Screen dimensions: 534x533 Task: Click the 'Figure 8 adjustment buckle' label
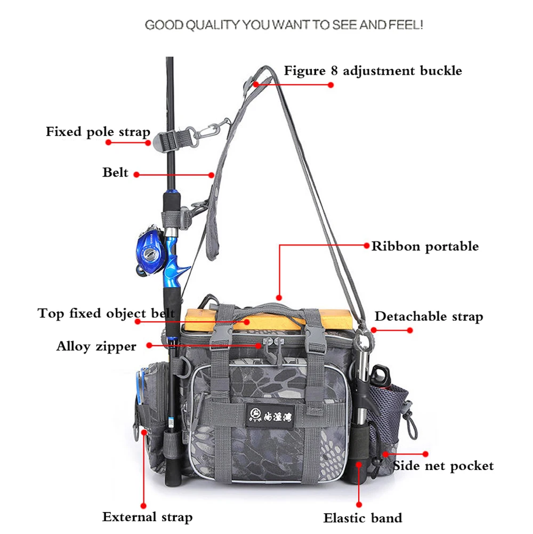pyautogui.click(x=373, y=70)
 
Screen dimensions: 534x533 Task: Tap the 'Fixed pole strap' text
pyautogui.click(x=98, y=132)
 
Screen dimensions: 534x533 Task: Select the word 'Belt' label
pyautogui.click(x=115, y=172)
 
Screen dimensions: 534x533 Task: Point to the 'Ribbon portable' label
pyautogui.click(x=425, y=246)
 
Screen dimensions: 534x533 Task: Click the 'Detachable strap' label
pyautogui.click(x=429, y=316)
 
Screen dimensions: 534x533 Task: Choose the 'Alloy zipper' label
pyautogui.click(x=96, y=347)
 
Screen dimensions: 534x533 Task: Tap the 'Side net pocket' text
pyautogui.click(x=443, y=466)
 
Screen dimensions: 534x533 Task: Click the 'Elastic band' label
pyautogui.click(x=362, y=517)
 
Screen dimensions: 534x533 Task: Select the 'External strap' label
pyautogui.click(x=147, y=516)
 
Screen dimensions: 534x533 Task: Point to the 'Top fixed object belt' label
pyautogui.click(x=106, y=313)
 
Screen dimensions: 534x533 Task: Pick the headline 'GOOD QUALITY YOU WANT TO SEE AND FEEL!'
pyautogui.click(x=284, y=25)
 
